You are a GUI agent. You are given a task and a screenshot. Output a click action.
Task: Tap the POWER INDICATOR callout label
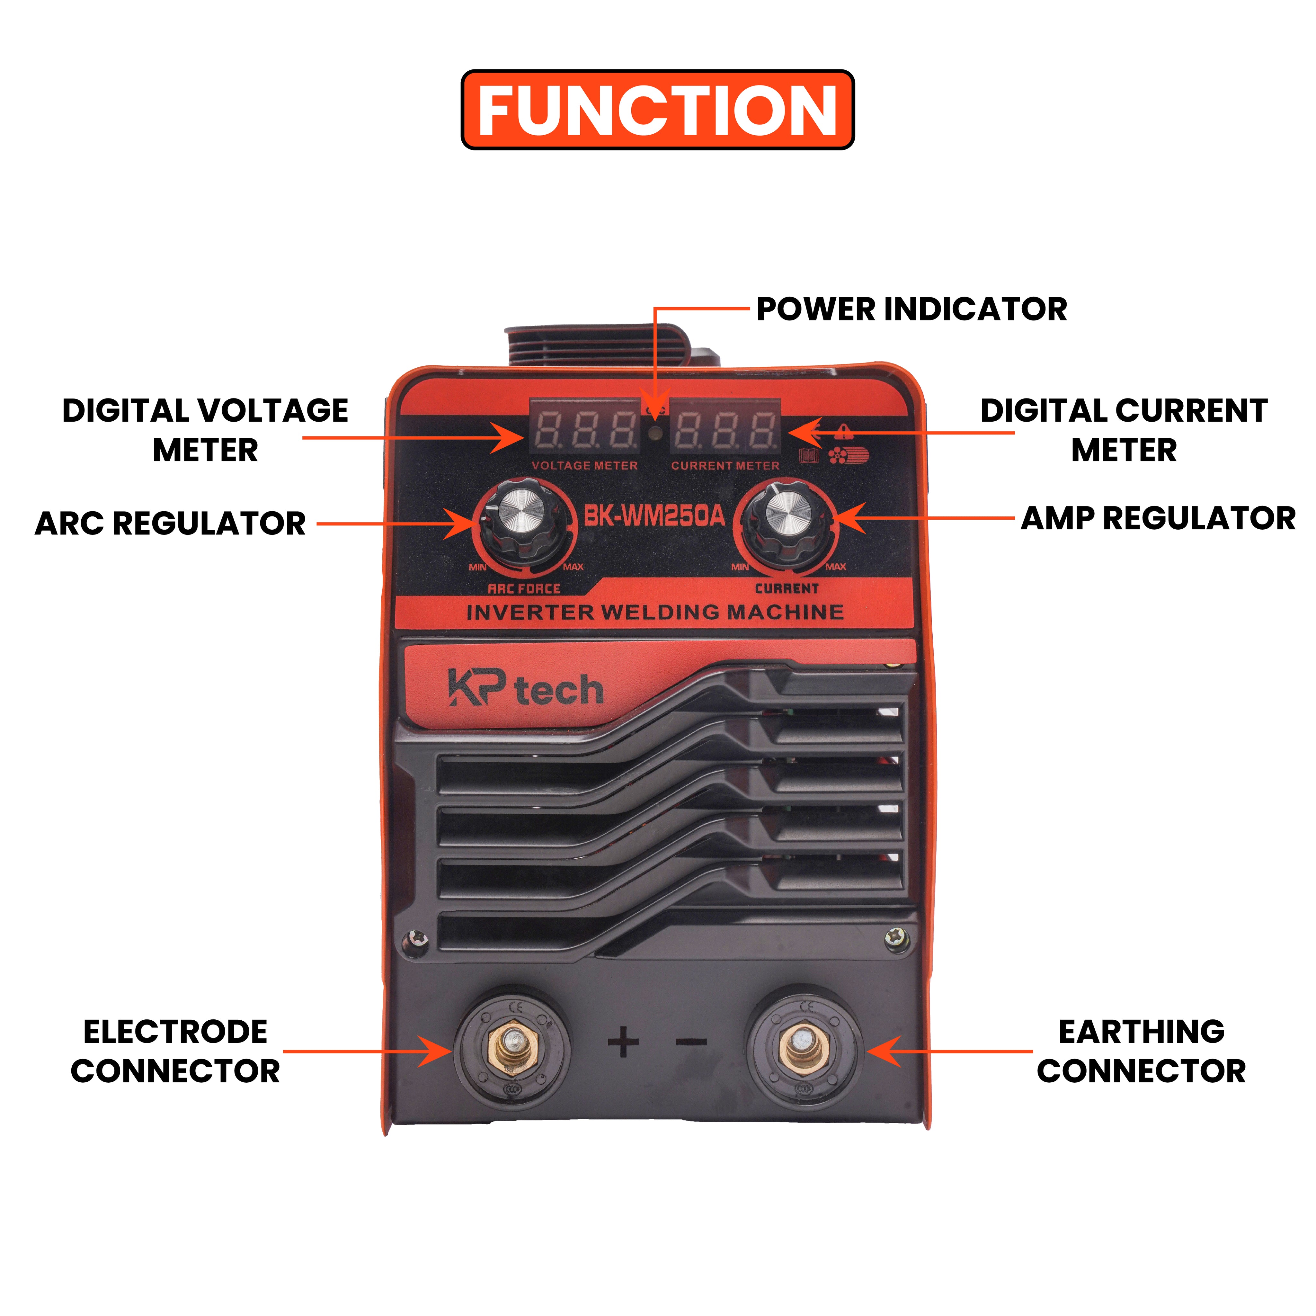click(911, 309)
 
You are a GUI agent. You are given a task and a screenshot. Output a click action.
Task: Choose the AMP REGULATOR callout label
click(1158, 518)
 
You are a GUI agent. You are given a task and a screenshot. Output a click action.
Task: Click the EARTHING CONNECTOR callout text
click(1142, 1051)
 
